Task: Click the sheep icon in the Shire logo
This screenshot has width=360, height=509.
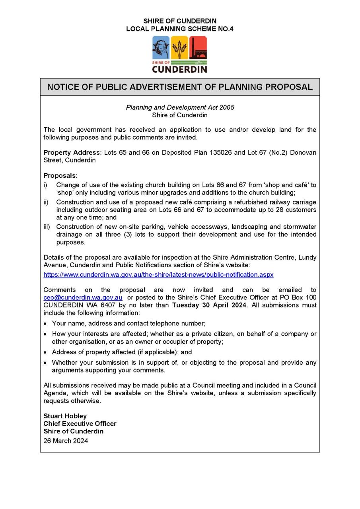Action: click(161, 47)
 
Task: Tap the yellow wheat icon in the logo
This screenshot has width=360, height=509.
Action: click(179, 47)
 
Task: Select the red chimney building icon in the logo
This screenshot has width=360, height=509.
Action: click(198, 47)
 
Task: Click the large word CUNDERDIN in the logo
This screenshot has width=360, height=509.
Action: click(179, 69)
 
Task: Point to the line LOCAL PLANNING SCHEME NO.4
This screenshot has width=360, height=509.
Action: click(180, 29)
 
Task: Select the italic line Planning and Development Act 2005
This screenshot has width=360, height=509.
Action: click(180, 107)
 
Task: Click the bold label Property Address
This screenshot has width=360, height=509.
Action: click(72, 153)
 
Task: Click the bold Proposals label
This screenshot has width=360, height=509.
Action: click(60, 176)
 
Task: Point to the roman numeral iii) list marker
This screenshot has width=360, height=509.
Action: click(47, 227)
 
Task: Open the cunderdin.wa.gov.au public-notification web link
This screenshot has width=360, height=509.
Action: click(158, 275)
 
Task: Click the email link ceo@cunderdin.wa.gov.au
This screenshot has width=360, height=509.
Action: click(83, 297)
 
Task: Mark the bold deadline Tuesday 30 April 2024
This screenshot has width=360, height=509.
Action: click(209, 305)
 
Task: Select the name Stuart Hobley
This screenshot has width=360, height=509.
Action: click(65, 416)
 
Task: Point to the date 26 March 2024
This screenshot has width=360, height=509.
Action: click(66, 441)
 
